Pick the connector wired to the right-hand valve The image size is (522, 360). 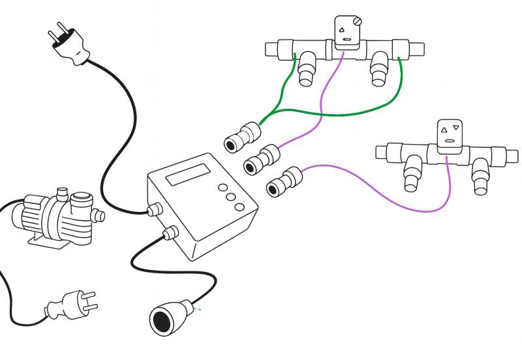tap(284, 181)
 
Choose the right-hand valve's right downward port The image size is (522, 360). tap(481, 176)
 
